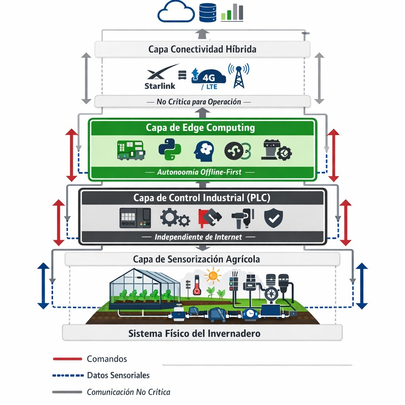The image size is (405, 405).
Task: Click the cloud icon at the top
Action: [176, 12]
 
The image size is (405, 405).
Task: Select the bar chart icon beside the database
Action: [232, 12]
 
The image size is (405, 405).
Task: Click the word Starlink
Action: [160, 85]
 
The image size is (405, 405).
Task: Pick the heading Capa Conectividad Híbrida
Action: [202, 49]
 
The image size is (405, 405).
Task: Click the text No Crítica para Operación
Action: [199, 102]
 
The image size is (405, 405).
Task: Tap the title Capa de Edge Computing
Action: [200, 128]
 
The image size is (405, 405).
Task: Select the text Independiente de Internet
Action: [198, 237]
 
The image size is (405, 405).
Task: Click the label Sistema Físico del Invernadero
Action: [194, 333]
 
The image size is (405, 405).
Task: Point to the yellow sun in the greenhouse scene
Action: [214, 276]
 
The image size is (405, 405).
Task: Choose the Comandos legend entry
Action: [107, 359]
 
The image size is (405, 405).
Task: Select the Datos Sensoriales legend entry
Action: [118, 375]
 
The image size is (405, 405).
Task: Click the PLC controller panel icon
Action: [135, 218]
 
